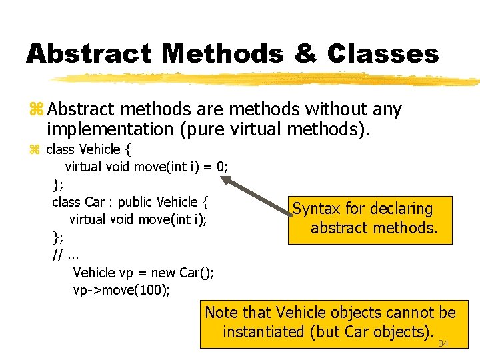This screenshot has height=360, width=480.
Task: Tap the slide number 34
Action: click(x=443, y=343)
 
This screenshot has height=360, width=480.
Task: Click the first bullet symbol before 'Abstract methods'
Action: click(x=36, y=109)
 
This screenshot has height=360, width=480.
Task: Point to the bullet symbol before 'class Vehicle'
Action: click(x=35, y=149)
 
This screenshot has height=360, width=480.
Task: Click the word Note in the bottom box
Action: click(x=222, y=312)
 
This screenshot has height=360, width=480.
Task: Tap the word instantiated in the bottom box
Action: click(x=265, y=331)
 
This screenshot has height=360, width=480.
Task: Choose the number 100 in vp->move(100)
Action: click(x=155, y=290)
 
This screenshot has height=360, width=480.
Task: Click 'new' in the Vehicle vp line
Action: click(x=164, y=272)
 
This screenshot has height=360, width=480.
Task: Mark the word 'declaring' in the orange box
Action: click(x=400, y=209)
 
